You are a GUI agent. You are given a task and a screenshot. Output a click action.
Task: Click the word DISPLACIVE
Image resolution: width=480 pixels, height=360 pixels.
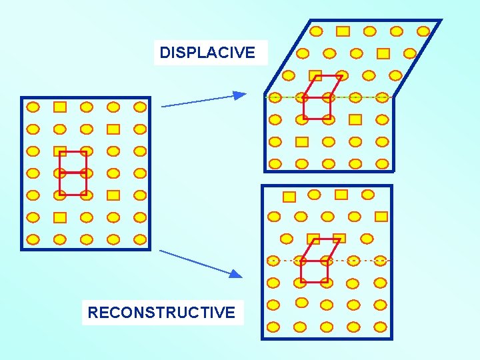pyautogui.click(x=207, y=53)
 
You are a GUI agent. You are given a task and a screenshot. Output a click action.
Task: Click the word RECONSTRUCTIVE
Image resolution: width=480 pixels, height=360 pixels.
pyautogui.click(x=161, y=312)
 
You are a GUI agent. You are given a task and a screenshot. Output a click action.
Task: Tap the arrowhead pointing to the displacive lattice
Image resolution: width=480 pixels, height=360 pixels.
pyautogui.click(x=239, y=95)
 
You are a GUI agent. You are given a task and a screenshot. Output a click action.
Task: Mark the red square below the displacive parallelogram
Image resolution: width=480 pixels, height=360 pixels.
pyautogui.click(x=317, y=108)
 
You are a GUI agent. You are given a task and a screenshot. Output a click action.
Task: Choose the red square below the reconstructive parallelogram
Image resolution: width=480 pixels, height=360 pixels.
pyautogui.click(x=314, y=271)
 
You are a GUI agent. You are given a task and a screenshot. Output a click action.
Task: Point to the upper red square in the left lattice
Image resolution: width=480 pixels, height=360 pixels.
pyautogui.click(x=73, y=162)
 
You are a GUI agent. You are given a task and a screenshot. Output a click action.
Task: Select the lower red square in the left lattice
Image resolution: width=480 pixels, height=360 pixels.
pyautogui.click(x=73, y=183)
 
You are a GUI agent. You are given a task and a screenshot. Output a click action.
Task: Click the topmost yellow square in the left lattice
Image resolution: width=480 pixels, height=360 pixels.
pyautogui.click(x=60, y=107)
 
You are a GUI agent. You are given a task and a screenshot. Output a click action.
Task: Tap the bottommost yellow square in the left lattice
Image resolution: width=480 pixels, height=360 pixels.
pyautogui.click(x=60, y=217)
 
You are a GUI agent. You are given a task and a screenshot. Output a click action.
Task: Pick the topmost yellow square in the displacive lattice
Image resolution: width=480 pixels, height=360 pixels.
pyautogui.click(x=343, y=31)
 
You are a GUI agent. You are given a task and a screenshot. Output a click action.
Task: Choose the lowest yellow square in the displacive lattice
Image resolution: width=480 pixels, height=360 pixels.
pyautogui.click(x=302, y=141)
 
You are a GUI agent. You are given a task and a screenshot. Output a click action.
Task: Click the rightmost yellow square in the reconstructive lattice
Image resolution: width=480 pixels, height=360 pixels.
pyautogui.click(x=381, y=216)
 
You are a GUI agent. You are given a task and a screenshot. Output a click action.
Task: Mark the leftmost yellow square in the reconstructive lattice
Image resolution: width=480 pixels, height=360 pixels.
pyautogui.click(x=289, y=197)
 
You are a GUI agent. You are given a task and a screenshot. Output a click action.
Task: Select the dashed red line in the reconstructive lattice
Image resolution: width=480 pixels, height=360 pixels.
pyautogui.click(x=360, y=259)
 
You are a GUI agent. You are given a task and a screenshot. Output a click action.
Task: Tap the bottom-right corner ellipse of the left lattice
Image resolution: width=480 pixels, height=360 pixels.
pyautogui.click(x=139, y=239)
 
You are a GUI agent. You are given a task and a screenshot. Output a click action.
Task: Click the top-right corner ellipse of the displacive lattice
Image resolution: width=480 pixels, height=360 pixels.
pyautogui.click(x=423, y=31)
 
